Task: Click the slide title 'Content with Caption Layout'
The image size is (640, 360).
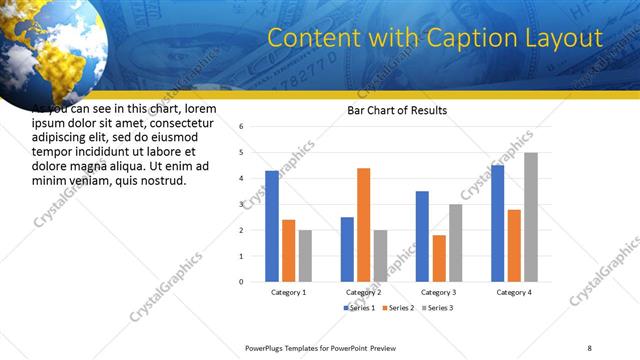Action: (435, 39)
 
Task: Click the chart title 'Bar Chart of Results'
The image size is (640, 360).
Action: (397, 110)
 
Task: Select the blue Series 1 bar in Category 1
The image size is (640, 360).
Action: (272, 226)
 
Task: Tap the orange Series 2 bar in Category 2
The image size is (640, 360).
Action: (363, 225)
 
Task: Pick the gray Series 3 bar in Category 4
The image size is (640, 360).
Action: (531, 217)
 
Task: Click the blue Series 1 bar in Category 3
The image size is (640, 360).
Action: (422, 236)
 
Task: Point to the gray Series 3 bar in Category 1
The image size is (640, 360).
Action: (305, 255)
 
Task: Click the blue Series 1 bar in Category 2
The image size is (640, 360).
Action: (347, 249)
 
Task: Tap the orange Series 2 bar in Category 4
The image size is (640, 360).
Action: (514, 245)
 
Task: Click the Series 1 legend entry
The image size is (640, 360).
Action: (361, 307)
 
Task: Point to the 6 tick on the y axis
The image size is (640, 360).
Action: (242, 127)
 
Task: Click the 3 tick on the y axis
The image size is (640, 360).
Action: (242, 204)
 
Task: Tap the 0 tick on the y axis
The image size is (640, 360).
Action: (242, 281)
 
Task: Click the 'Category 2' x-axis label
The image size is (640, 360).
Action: (363, 292)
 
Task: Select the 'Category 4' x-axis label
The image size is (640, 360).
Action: (514, 292)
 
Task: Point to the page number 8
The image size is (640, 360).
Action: (589, 347)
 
